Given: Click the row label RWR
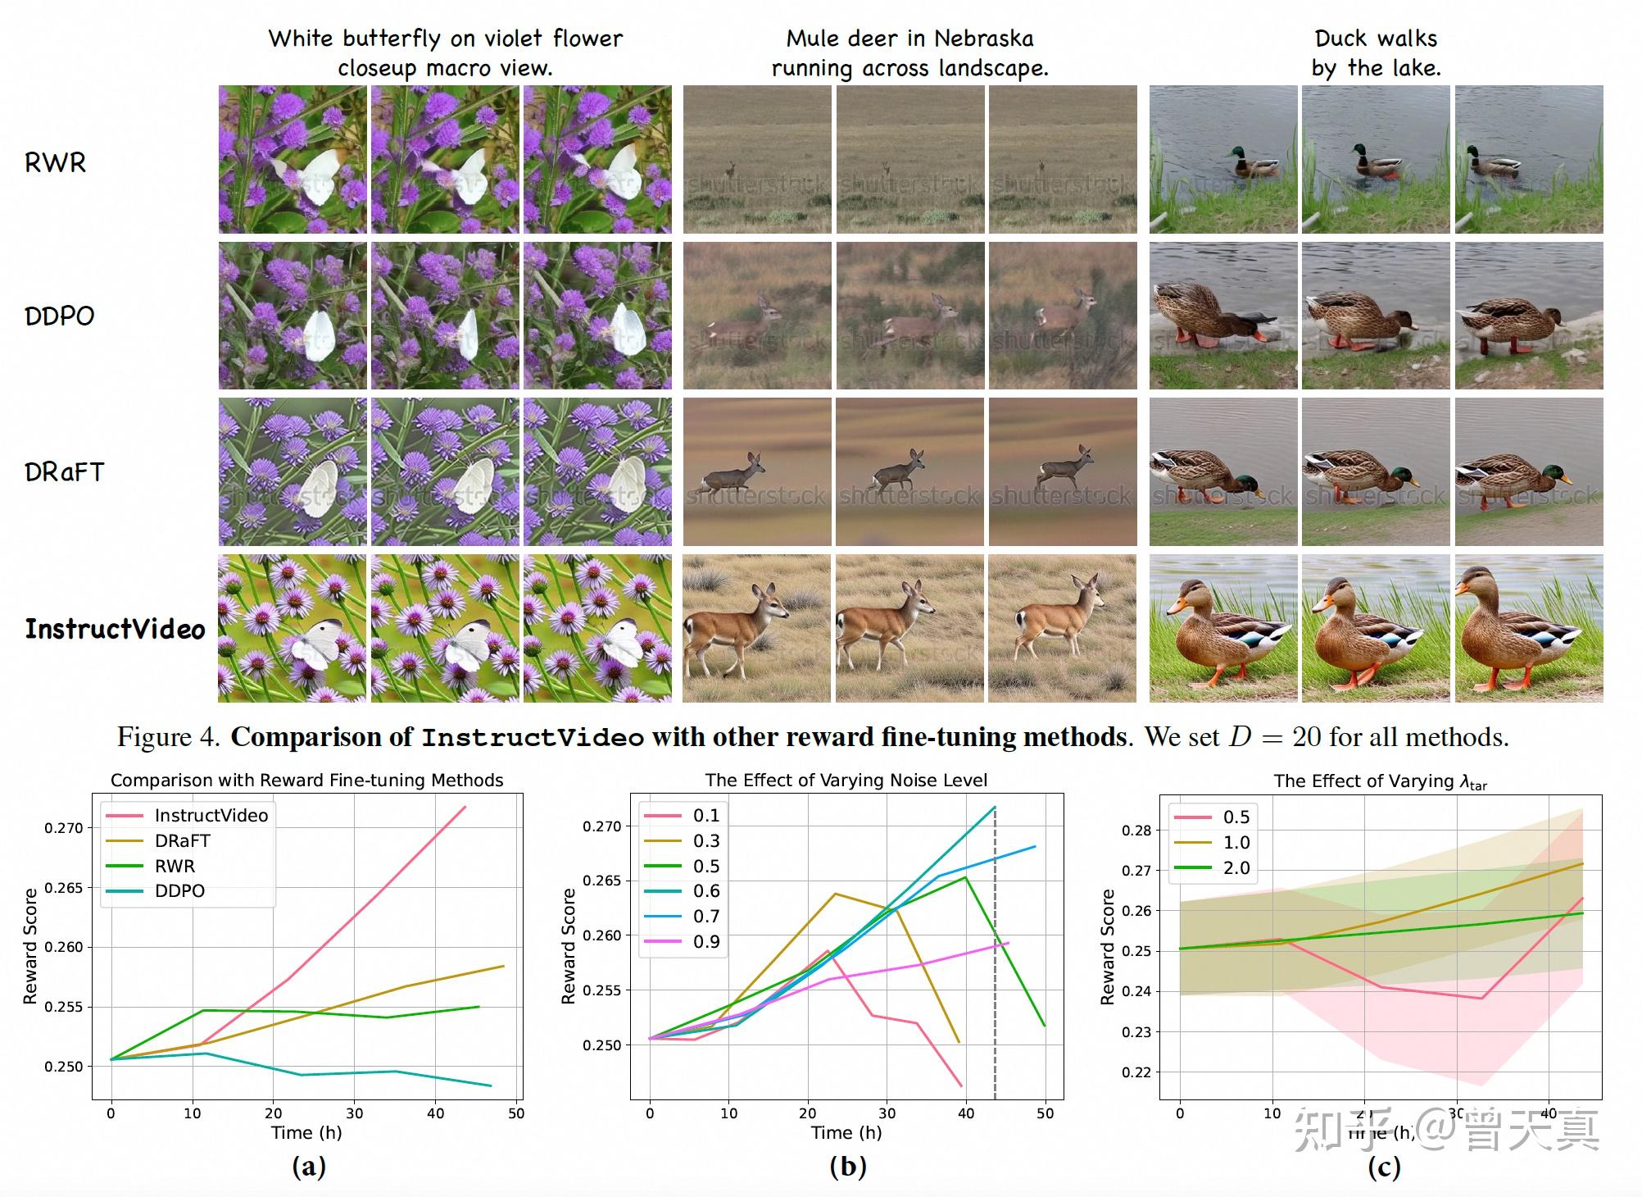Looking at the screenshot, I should point(55,162).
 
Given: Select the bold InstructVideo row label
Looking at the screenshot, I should point(115,629).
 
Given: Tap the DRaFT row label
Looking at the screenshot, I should point(64,472).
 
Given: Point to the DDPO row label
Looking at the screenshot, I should point(59,316).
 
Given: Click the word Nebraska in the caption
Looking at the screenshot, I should point(983,39).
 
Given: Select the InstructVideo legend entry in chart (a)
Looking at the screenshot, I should point(211,815).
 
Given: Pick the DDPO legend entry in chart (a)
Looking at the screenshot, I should point(179,890).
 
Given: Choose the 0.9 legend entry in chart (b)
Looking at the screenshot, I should point(705,941).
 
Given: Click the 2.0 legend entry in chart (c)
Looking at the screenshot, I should point(1236,867).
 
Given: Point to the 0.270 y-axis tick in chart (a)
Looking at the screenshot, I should point(64,828).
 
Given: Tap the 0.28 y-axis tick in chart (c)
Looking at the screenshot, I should point(1136,830).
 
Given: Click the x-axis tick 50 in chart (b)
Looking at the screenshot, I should point(1045,1113).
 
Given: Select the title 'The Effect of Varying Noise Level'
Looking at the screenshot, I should point(846,780).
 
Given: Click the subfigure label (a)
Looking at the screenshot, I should point(308,1166).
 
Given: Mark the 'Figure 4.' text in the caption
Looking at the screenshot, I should point(168,736).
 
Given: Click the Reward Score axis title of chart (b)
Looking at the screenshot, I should point(568,946).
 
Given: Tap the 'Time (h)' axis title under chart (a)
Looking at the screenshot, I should point(306,1132).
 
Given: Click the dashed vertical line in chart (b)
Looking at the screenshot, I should point(995,984).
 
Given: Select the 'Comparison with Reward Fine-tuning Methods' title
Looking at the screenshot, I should point(306,780).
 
